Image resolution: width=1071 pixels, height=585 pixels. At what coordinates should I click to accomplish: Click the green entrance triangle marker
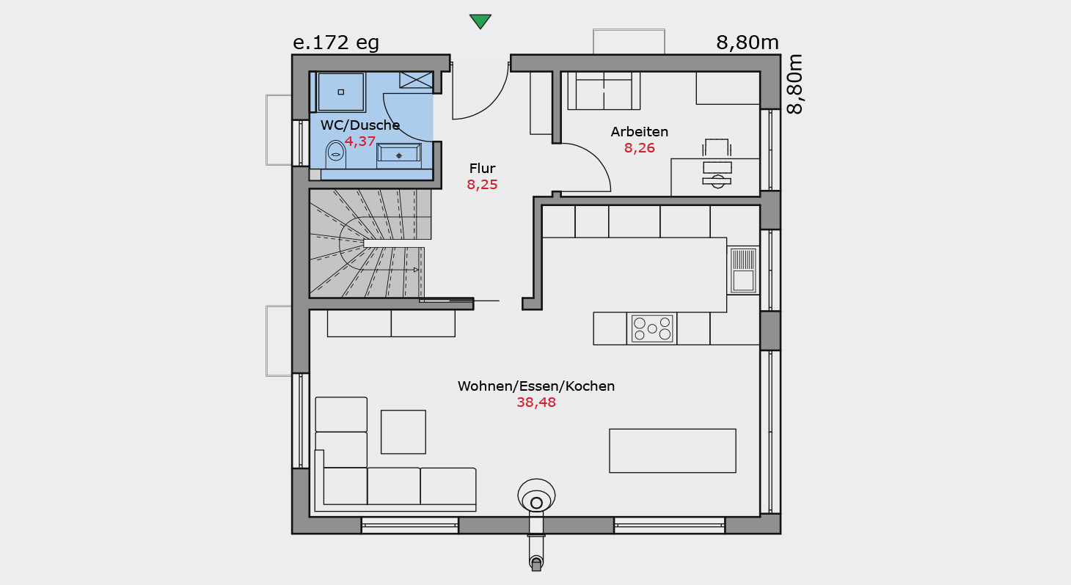(x=480, y=21)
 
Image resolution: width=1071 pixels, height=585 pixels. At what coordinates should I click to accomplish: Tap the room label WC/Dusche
(x=360, y=125)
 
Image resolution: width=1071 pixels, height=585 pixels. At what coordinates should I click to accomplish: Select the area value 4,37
(x=360, y=141)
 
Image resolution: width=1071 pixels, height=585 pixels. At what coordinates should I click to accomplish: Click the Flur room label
(x=482, y=168)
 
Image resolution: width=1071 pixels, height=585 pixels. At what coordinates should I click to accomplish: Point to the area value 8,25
(x=482, y=185)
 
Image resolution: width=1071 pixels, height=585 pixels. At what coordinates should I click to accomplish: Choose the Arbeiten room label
(x=639, y=132)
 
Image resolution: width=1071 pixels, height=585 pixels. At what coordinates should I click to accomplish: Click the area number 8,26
(x=639, y=148)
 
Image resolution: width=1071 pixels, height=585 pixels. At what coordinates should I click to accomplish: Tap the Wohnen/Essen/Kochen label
(x=536, y=386)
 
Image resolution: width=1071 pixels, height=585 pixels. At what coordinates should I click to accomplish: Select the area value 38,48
(x=536, y=402)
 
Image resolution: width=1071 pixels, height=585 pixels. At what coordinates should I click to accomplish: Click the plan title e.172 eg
(x=336, y=43)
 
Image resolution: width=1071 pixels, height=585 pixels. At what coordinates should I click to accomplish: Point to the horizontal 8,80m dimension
(x=747, y=43)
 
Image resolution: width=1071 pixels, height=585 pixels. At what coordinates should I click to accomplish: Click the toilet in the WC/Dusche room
(x=336, y=154)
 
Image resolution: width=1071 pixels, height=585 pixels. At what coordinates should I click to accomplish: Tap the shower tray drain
(x=341, y=92)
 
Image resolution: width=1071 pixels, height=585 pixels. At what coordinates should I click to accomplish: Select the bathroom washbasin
(x=399, y=155)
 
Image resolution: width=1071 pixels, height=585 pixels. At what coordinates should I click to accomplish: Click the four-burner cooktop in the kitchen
(x=652, y=328)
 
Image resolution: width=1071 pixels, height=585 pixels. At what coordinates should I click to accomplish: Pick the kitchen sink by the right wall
(x=743, y=270)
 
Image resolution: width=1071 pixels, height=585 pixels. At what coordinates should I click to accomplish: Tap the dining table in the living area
(x=672, y=451)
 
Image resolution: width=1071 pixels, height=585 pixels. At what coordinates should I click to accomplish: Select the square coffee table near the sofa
(x=403, y=432)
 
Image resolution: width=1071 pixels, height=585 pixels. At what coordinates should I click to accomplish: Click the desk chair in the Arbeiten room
(x=716, y=147)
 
